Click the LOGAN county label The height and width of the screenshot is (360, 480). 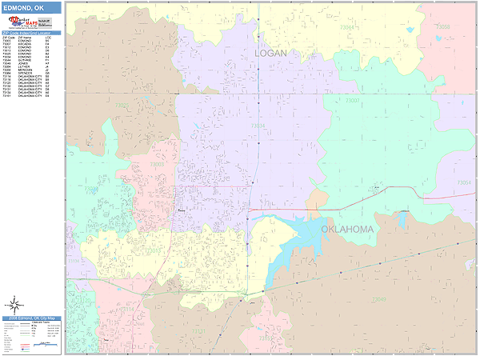[270, 53]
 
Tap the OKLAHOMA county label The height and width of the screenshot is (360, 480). [347, 230]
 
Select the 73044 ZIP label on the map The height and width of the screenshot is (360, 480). [346, 27]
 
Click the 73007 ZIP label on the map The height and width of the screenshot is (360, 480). [352, 101]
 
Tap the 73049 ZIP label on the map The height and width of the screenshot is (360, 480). [378, 299]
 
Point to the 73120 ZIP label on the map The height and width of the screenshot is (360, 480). [74, 261]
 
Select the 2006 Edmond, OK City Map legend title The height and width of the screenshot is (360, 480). [32, 318]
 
